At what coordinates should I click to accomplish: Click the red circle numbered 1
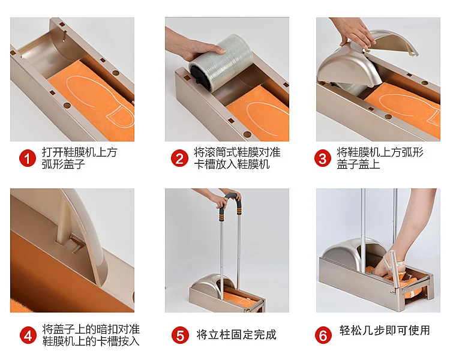point(28,158)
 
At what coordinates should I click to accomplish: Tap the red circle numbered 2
point(179,158)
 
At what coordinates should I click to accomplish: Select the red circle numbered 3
point(323,158)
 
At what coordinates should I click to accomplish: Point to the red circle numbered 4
point(28,335)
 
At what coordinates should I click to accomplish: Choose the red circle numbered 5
point(180,335)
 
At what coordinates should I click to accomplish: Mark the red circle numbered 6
point(323,335)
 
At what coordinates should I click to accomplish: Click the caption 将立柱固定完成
point(236,335)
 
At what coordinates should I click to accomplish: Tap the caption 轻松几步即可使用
point(385,330)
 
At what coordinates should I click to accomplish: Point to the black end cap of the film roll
point(200,76)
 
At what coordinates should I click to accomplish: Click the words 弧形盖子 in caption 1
point(63,164)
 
